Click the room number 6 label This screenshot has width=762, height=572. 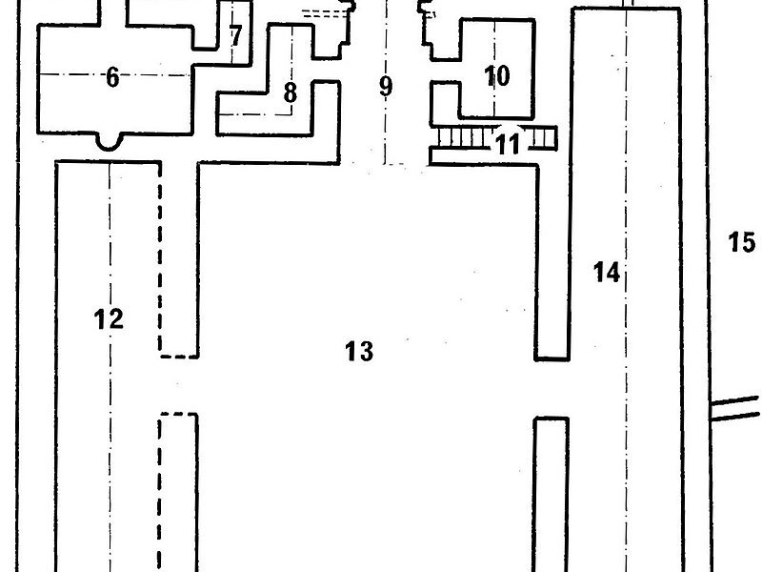[112, 78]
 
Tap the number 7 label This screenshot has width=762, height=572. [235, 36]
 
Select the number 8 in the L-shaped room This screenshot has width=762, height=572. [291, 92]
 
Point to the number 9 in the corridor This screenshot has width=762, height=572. [385, 87]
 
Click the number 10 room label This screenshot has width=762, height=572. [497, 75]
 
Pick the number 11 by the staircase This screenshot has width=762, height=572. [509, 145]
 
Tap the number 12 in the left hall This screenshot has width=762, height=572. [110, 318]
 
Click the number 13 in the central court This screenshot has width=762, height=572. [358, 352]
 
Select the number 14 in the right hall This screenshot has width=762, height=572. [606, 273]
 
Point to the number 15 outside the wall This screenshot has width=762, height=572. [741, 242]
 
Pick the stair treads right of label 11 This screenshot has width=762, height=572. [542, 139]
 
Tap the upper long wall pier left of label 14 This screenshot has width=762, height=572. [551, 257]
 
